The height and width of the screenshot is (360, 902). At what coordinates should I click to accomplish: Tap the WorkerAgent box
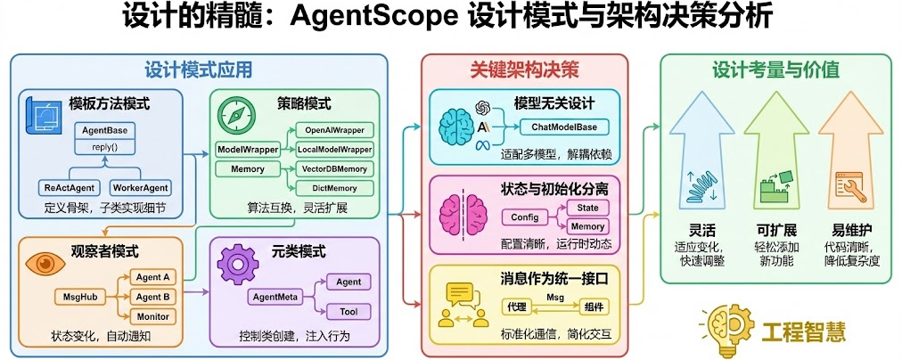139,188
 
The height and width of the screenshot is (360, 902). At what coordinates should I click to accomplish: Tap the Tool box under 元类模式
348,311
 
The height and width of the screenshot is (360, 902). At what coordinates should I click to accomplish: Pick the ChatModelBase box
564,127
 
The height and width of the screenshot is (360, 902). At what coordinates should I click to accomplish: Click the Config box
527,217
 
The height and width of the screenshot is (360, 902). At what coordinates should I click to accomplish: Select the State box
588,207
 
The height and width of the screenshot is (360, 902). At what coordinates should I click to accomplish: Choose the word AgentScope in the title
384,20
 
